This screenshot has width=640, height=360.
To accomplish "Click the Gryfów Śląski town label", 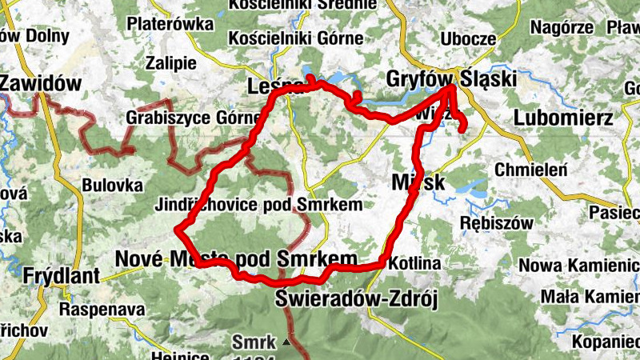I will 450,79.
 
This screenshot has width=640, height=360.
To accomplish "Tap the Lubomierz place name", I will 564,118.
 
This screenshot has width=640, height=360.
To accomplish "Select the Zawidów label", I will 42,82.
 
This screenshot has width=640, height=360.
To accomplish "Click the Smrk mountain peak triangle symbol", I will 286,343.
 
